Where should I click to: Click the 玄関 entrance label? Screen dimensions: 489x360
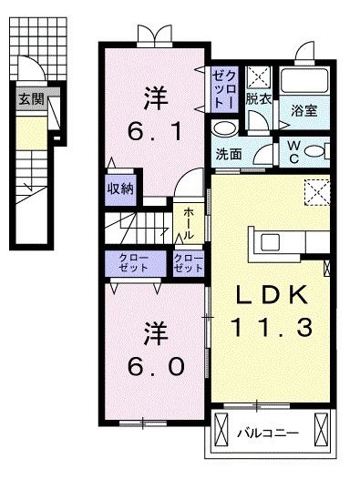tap(30, 99)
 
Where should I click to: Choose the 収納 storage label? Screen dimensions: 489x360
tap(121, 189)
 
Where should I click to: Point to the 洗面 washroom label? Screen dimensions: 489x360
tap(230, 154)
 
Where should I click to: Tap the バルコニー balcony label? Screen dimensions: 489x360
tap(269, 432)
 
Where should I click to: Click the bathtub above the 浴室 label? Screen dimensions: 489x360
tap(305, 81)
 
